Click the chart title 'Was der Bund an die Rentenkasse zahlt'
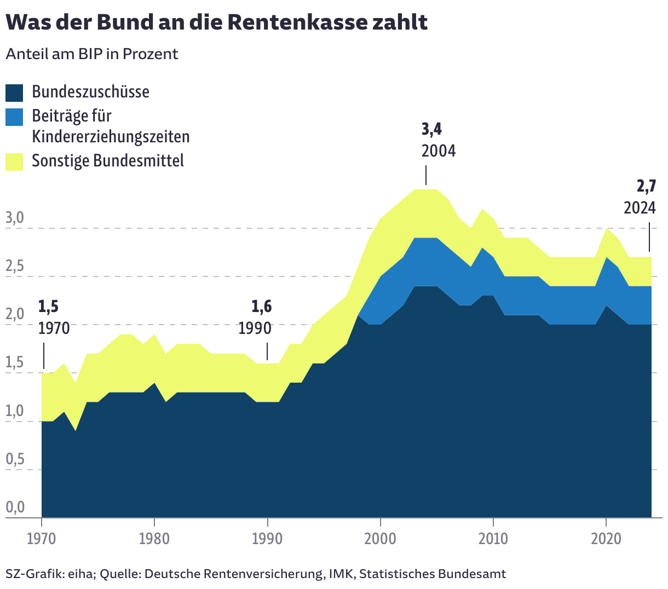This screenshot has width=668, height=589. [x=216, y=22]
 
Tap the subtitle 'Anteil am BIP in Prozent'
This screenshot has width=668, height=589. [x=92, y=54]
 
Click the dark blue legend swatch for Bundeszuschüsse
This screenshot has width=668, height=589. [x=14, y=93]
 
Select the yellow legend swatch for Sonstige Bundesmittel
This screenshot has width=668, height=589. [x=14, y=161]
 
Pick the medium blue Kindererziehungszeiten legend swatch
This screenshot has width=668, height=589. [x=14, y=117]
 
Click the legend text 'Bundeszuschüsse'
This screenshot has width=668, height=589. [x=90, y=92]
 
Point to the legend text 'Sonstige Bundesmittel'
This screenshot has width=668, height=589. [x=108, y=161]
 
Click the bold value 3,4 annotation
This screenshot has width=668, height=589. [x=431, y=129]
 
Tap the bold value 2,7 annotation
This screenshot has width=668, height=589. [x=646, y=187]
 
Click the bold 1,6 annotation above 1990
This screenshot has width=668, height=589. [x=261, y=307]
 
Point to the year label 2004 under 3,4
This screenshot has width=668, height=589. [x=438, y=151]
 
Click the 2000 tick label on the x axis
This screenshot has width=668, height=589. [x=380, y=539]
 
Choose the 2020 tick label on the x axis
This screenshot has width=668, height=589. [x=606, y=539]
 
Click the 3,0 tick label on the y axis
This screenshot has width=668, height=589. [x=15, y=218]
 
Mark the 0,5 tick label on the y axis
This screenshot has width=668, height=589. [x=15, y=460]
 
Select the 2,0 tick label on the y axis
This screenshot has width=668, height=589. [x=15, y=315]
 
